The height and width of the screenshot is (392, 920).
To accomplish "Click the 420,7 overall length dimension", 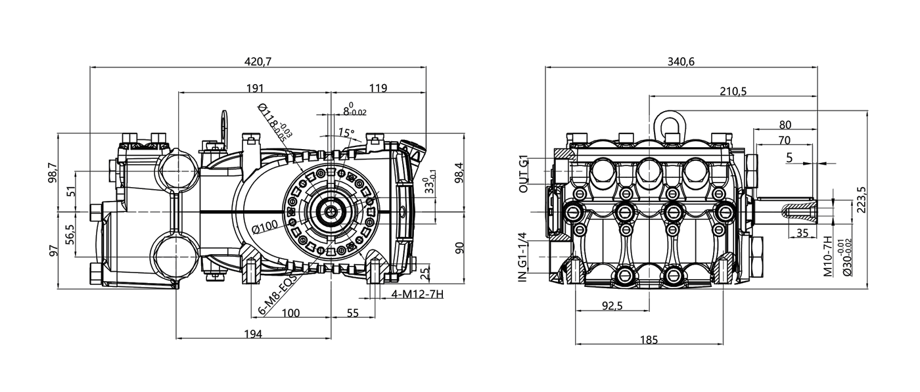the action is [258, 62].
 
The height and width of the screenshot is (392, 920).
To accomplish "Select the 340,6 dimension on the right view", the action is [681, 62].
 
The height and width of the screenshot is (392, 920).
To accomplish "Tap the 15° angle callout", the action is [346, 133].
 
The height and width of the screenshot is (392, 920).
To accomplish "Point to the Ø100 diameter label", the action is [265, 227].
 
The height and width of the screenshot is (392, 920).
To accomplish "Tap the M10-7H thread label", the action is [828, 256].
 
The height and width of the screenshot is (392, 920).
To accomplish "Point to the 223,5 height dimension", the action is [862, 200].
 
